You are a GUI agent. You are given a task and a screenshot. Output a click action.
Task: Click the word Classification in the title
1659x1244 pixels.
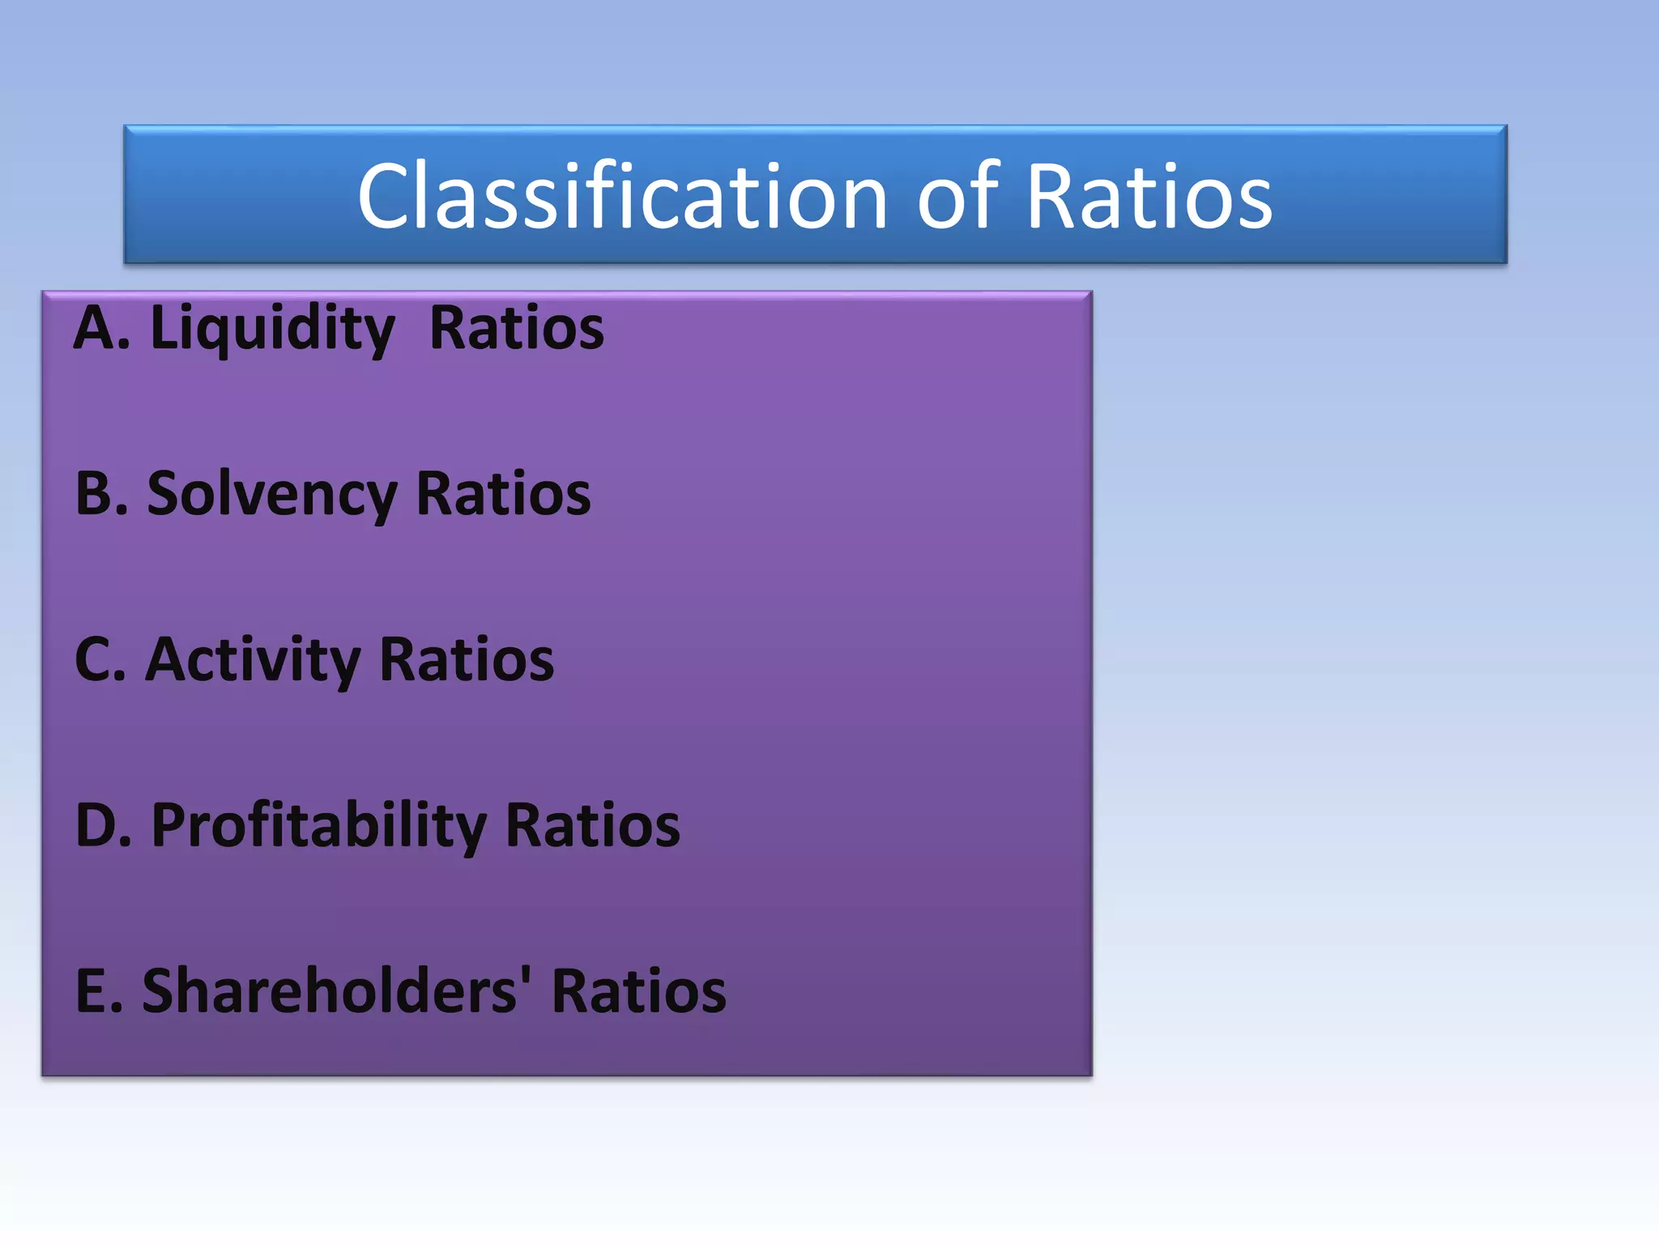pos(622,196)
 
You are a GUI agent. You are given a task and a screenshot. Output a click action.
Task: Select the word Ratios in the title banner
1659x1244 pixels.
pos(1149,196)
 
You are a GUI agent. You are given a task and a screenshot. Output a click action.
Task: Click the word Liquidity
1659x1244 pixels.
pos(272,329)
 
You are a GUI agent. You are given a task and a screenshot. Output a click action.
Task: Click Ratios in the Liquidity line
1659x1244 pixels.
pos(517,329)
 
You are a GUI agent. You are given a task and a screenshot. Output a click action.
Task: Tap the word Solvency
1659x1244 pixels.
pos(272,495)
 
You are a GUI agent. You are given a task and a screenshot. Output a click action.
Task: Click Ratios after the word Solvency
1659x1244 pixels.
pos(503,493)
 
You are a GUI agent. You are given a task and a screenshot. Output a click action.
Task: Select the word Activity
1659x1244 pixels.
pos(253,661)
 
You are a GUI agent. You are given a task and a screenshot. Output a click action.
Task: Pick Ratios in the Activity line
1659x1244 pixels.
pos(467,659)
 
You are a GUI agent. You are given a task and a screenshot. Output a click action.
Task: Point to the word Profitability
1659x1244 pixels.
pos(319,827)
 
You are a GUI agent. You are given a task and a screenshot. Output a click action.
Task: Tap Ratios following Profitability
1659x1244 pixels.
pos(593,825)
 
